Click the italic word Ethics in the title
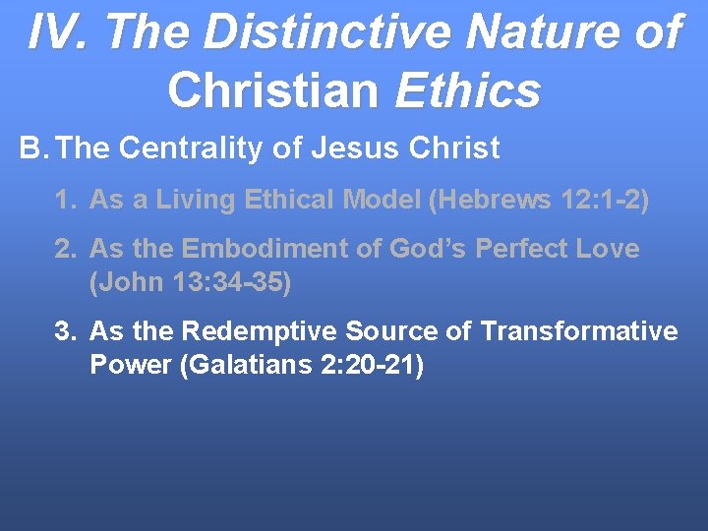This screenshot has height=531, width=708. click(x=467, y=89)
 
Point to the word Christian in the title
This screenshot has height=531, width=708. click(x=272, y=89)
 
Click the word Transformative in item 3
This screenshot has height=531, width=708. click(x=579, y=331)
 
